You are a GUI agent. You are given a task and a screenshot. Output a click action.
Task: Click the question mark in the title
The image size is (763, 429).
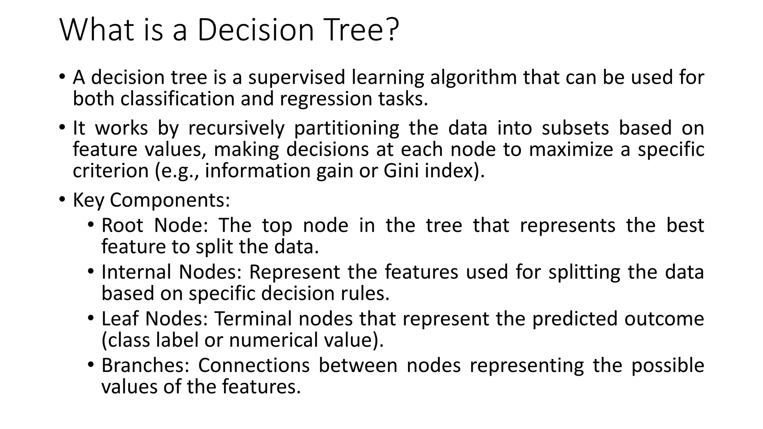(391, 30)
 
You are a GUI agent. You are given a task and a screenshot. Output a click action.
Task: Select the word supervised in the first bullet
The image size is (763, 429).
(297, 77)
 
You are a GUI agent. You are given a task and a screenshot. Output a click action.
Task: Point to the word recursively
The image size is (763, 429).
(236, 128)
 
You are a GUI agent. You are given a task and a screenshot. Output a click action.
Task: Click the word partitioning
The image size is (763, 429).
(346, 128)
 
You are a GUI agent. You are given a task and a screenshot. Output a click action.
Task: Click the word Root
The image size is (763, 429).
(123, 225)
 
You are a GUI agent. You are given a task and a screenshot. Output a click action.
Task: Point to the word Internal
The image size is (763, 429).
(136, 272)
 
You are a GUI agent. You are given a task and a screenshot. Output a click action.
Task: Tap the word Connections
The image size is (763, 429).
(254, 365)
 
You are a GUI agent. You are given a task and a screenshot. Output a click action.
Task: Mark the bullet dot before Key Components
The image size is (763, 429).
(62, 200)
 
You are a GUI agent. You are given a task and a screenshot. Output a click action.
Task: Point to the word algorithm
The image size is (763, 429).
(473, 77)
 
